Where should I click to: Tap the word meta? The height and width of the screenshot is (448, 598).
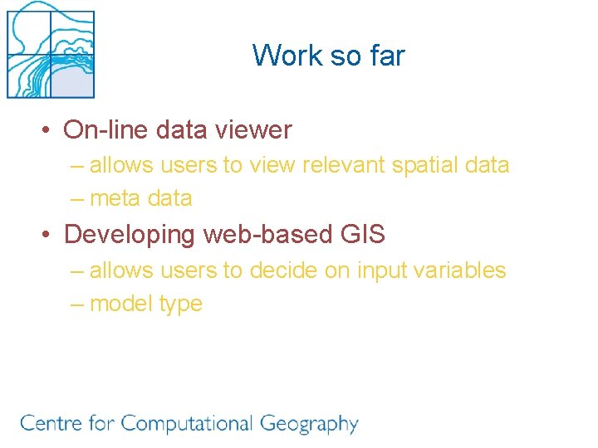click(x=114, y=198)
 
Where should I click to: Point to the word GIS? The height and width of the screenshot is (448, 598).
click(x=363, y=235)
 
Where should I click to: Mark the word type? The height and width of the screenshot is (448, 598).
click(x=180, y=304)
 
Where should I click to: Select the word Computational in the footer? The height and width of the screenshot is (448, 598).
click(x=186, y=424)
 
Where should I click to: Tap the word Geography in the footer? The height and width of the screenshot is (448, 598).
click(x=309, y=425)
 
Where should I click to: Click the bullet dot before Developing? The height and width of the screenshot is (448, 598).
click(x=49, y=236)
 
